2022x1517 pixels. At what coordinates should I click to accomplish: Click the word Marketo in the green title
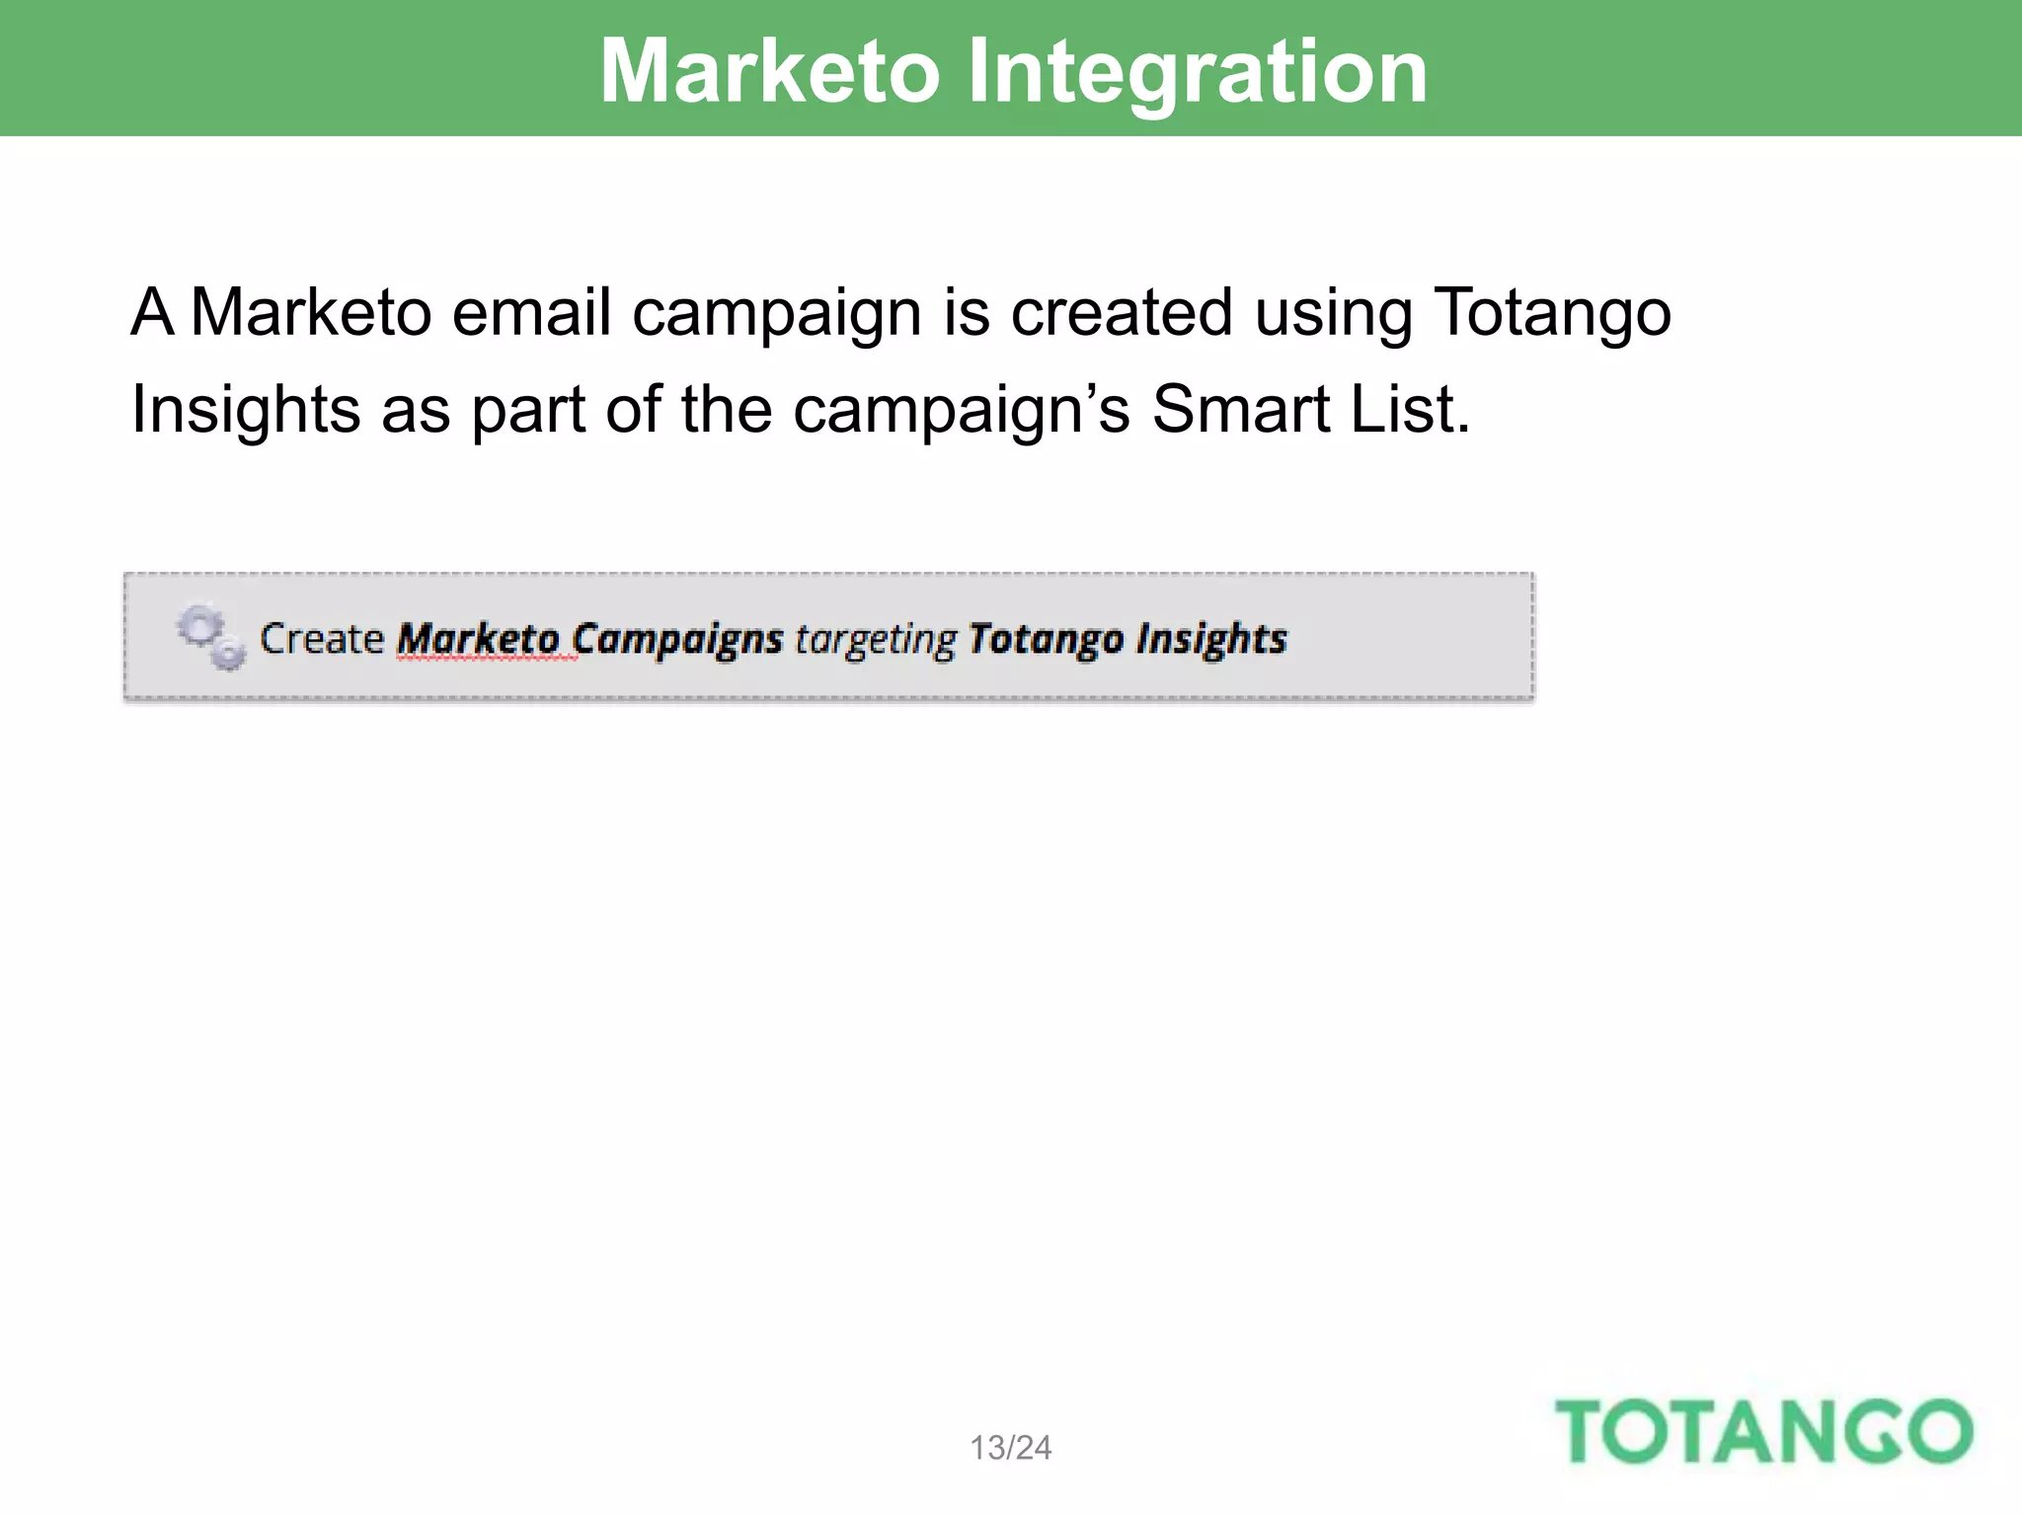[769, 71]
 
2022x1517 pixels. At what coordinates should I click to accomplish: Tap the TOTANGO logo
[1763, 1431]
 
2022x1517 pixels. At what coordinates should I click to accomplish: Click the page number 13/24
[1010, 1448]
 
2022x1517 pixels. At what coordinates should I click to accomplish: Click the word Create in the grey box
[321, 639]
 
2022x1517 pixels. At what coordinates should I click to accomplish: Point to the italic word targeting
[875, 639]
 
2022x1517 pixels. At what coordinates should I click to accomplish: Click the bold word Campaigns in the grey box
[677, 639]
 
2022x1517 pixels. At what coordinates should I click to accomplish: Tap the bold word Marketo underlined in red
[478, 639]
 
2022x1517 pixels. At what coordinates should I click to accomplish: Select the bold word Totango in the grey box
[1046, 639]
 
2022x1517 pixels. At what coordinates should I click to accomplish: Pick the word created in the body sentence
[1122, 312]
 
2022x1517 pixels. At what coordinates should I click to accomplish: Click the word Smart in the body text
[1240, 409]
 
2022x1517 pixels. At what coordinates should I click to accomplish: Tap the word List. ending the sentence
[1410, 409]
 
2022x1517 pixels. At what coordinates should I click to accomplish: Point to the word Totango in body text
[1551, 312]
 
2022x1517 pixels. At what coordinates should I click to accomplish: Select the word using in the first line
[1333, 312]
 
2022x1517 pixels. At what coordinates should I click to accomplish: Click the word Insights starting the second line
[245, 409]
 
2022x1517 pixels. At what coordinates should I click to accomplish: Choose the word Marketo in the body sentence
[311, 312]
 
